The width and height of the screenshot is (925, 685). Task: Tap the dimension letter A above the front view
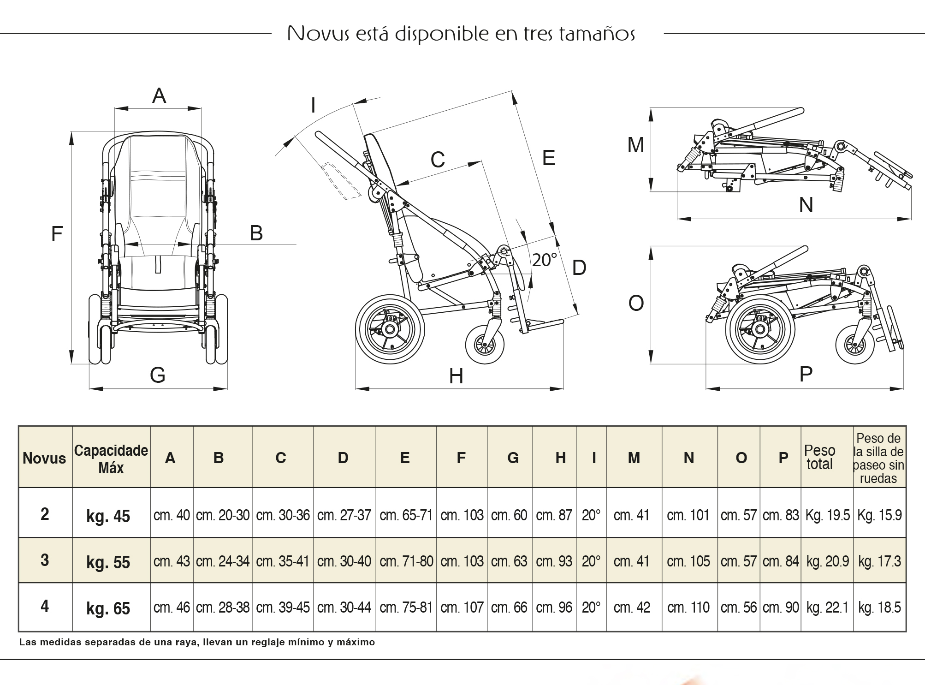tap(159, 96)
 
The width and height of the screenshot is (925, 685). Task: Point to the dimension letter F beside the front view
tap(57, 234)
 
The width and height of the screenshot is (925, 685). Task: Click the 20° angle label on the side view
tap(545, 260)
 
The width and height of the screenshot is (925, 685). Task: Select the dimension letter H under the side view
tap(456, 377)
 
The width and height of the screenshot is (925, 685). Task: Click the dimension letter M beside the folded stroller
tap(635, 145)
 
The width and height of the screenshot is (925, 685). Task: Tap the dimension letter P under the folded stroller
tap(806, 374)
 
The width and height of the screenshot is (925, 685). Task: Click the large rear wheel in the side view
tap(390, 329)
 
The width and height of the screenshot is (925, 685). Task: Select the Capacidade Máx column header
tap(111, 459)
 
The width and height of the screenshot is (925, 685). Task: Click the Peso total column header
tap(819, 457)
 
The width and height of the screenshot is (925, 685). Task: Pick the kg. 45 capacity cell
tap(108, 516)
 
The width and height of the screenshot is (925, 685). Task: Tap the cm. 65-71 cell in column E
tap(406, 515)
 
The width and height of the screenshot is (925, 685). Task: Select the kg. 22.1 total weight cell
tap(827, 608)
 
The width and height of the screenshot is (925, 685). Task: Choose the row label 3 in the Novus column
tap(45, 560)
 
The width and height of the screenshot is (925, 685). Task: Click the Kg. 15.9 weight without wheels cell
tap(879, 515)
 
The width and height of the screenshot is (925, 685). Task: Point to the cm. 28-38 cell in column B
tap(223, 608)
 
